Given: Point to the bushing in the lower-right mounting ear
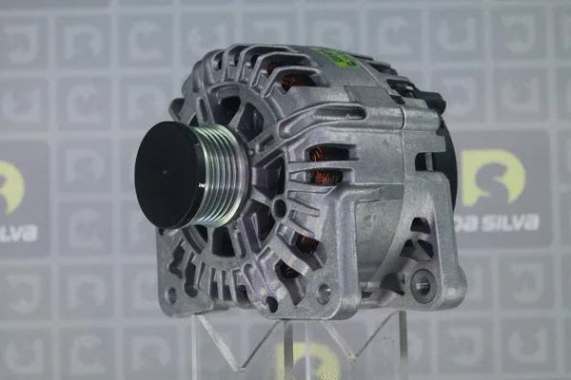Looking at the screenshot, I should [422, 283].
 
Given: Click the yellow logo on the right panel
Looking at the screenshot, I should [492, 177].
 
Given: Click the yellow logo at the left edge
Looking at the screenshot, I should [10, 186].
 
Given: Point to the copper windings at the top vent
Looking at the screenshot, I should [294, 81].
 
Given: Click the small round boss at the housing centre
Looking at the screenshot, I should [279, 207].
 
